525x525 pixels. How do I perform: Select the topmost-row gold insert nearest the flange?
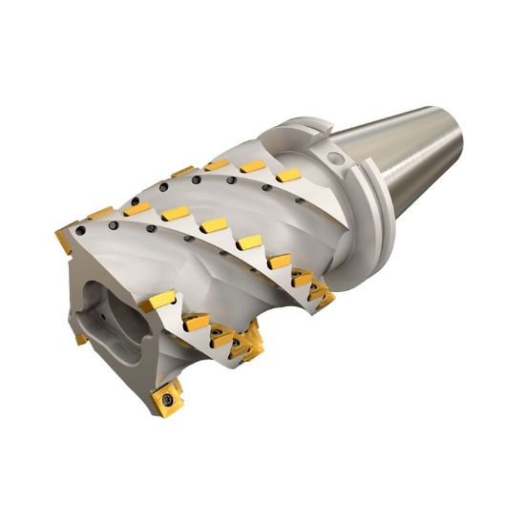[x=286, y=176]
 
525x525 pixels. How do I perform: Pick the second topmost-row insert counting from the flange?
[x=252, y=166]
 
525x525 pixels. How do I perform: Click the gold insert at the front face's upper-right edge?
[x=158, y=304]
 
